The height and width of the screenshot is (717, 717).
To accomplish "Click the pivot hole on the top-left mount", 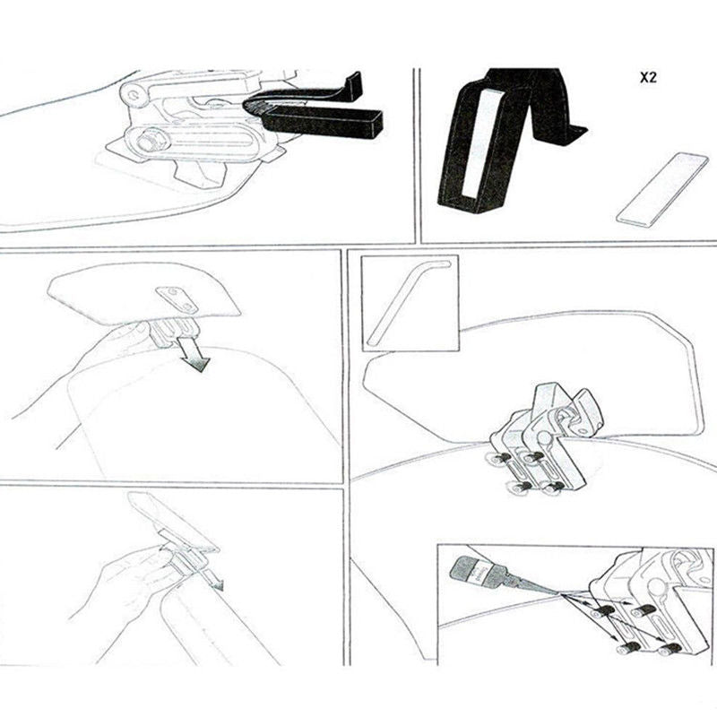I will tap(134, 92).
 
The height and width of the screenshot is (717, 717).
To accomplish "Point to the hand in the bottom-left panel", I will tap(134, 583).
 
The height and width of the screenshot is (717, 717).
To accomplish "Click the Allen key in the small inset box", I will tap(408, 300).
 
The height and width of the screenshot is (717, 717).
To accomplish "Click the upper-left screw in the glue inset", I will tap(605, 610).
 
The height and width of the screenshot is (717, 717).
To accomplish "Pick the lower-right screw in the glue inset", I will tap(665, 648).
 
